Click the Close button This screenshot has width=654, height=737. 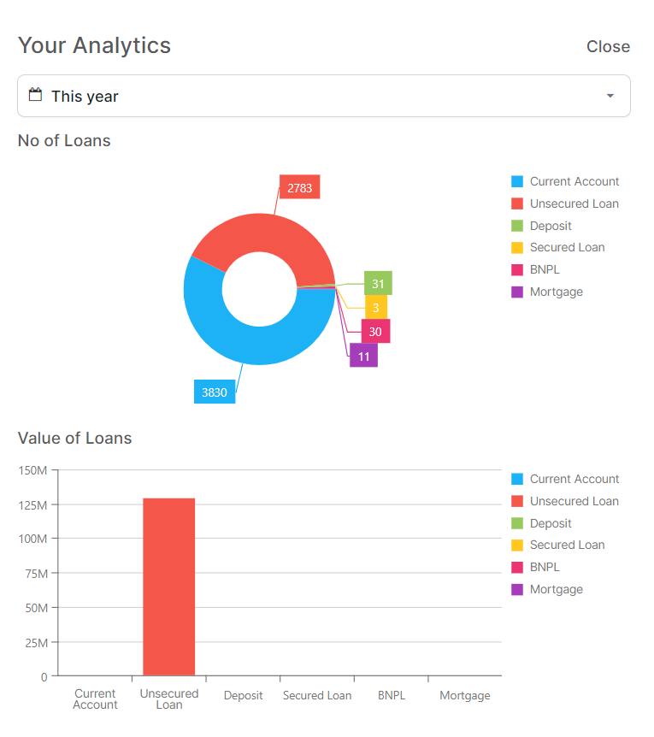tap(608, 47)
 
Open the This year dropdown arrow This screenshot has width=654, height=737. tap(610, 96)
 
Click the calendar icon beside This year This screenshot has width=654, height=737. tap(35, 95)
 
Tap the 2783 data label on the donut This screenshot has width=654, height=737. tap(299, 187)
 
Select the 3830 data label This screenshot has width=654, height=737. tap(215, 392)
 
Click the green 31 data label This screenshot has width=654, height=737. tap(378, 283)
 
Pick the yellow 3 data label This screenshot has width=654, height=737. tap(376, 307)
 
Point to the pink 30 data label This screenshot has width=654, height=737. tap(375, 331)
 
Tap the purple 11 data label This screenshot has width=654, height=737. tap(363, 356)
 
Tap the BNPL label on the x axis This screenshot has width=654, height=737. tap(391, 696)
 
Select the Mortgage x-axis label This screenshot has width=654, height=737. tap(465, 696)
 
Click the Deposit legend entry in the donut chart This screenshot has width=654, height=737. tap(551, 226)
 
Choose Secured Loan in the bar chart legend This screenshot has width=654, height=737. tap(567, 545)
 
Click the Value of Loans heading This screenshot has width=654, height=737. tap(75, 439)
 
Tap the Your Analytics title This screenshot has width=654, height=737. tap(95, 45)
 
